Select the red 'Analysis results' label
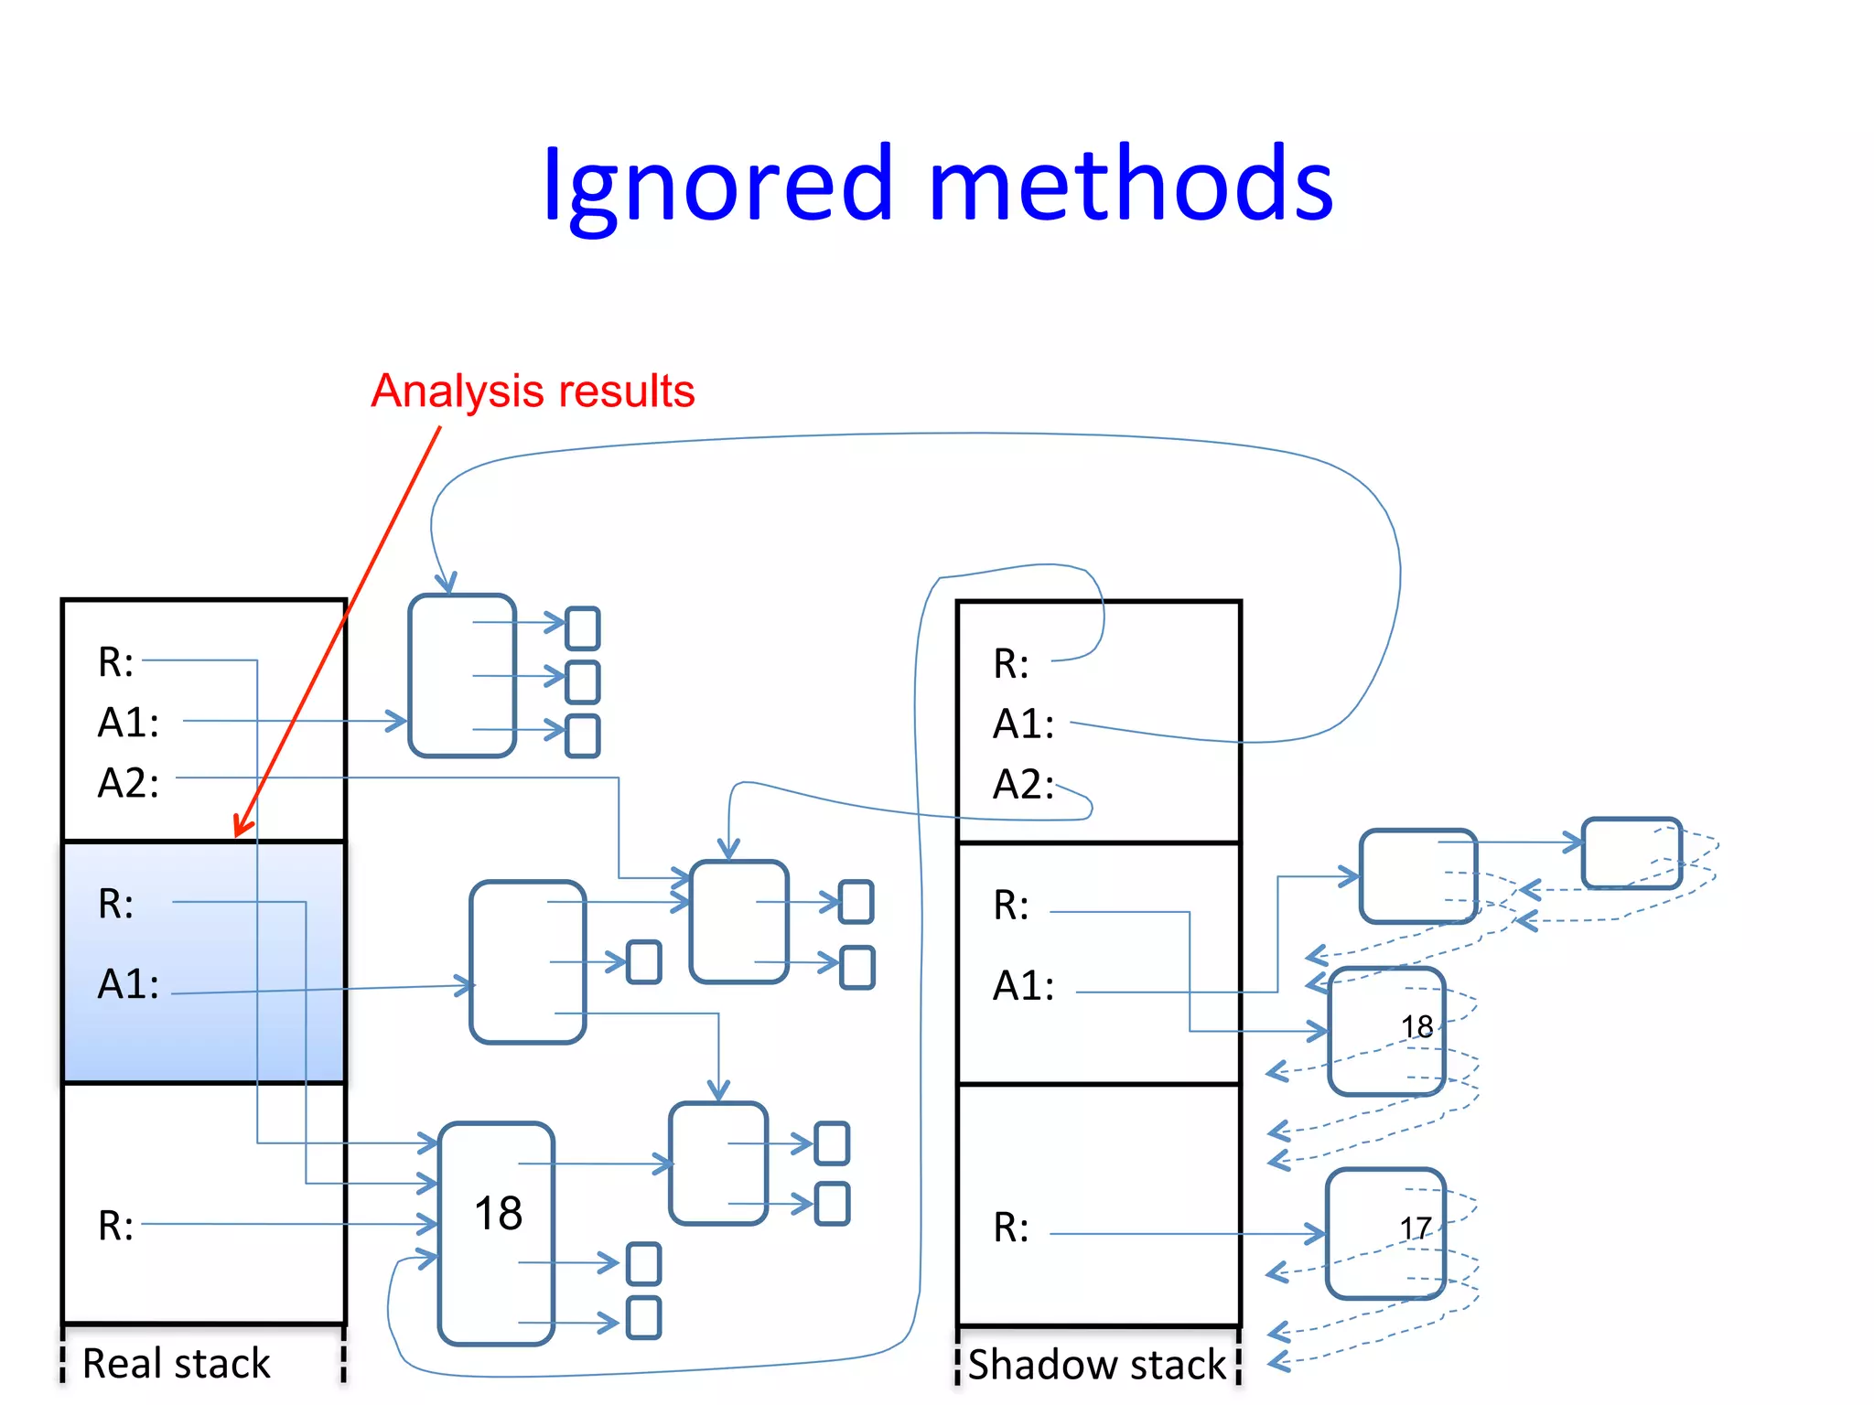pyautogui.click(x=533, y=391)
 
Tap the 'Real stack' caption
pyautogui.click(x=177, y=1363)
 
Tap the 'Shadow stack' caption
pyautogui.click(x=1096, y=1364)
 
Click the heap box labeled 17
pyautogui.click(x=1384, y=1232)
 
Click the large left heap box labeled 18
pyautogui.click(x=497, y=1232)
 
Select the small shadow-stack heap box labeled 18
pyautogui.click(x=1385, y=1031)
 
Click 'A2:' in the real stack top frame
pyautogui.click(x=128, y=784)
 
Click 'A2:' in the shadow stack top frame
pyautogui.click(x=1023, y=785)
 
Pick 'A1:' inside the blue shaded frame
pyautogui.click(x=128, y=985)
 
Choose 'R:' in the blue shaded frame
pyautogui.click(x=115, y=905)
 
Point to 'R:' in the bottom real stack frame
pyautogui.click(x=115, y=1226)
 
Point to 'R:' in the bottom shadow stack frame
pyautogui.click(x=1011, y=1228)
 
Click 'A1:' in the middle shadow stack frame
pyautogui.click(x=1023, y=986)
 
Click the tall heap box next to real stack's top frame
pyautogui.click(x=462, y=675)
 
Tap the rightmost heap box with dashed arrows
pyautogui.click(x=1631, y=853)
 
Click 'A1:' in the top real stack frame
pyautogui.click(x=128, y=723)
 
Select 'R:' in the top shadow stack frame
pyautogui.click(x=1011, y=664)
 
